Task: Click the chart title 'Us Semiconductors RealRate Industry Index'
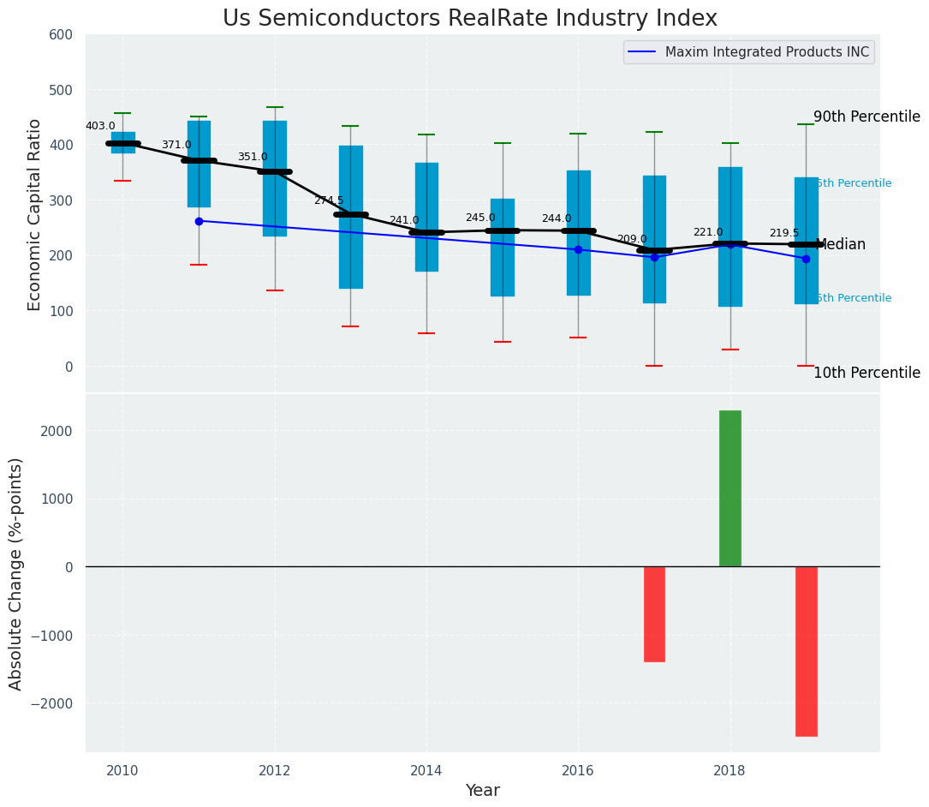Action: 470,19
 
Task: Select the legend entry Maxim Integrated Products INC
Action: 766,52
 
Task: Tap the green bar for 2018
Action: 730,488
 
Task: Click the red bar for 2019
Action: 806,651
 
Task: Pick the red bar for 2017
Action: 654,613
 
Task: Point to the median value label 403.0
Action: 100,126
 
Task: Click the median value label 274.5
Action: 328,200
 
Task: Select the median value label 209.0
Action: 632,239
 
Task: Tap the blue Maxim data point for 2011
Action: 199,221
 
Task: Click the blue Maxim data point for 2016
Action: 578,249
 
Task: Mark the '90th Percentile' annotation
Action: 866,117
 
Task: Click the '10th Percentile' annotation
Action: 866,373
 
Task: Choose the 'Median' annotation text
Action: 841,245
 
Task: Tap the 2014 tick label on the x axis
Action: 426,770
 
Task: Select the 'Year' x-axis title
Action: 482,791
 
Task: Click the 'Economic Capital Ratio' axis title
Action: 35,214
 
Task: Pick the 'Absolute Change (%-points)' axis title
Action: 16,573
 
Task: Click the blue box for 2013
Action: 350,217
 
